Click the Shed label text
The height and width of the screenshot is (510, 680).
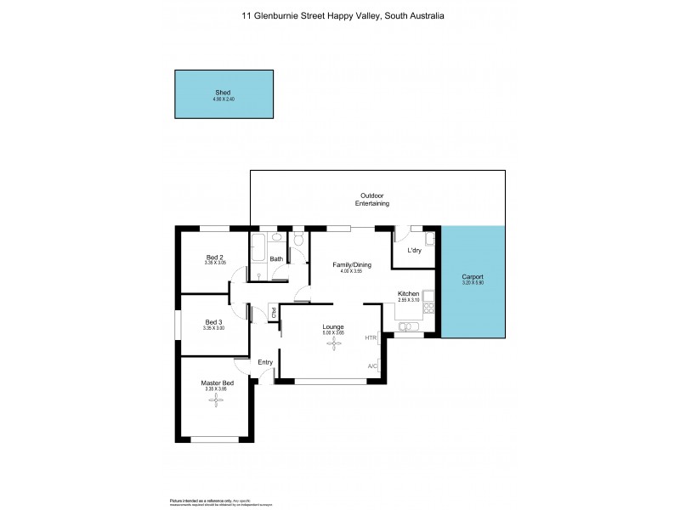point(223,93)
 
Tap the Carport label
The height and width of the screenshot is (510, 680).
point(473,276)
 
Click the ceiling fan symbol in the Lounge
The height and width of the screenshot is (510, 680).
point(333,343)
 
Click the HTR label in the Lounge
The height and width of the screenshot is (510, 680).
point(371,338)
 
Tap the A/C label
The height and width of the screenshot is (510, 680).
point(372,366)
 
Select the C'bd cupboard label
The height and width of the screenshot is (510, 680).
point(274,313)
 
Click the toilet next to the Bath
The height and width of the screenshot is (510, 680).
point(297,244)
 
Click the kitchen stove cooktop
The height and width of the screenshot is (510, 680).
point(429,299)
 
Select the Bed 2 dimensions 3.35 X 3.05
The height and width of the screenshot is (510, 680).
point(215,263)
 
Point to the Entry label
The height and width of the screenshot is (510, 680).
point(265,362)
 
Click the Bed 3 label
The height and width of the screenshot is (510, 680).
point(214,321)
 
